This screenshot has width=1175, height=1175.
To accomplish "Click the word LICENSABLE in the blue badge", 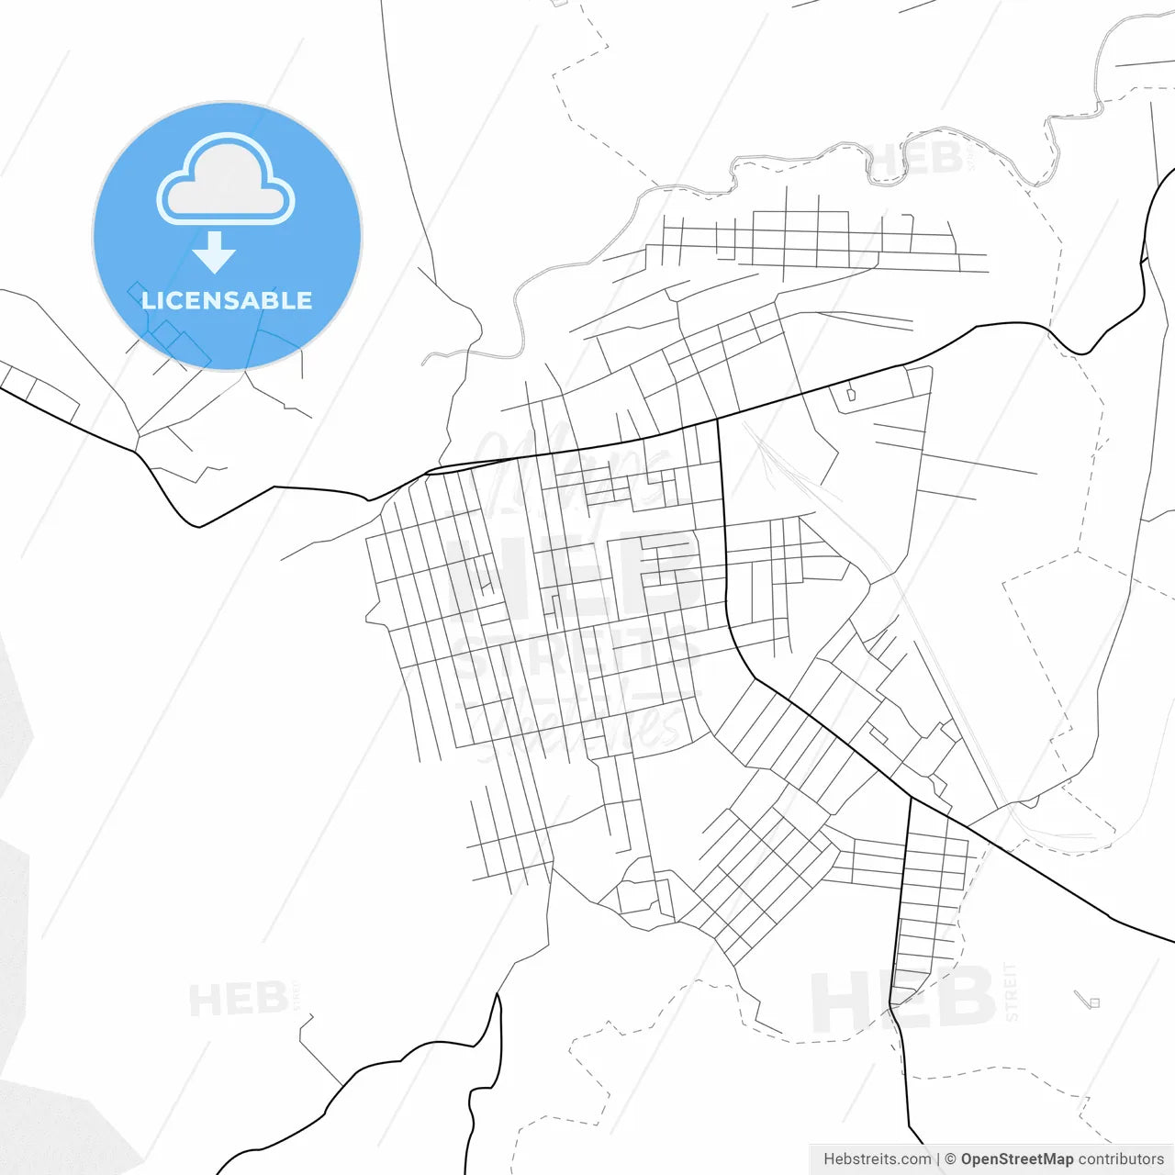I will click(x=226, y=300).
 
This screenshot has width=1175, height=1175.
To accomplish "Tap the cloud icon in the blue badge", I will click(x=226, y=181).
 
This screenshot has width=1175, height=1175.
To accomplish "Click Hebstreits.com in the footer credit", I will click(x=877, y=1159).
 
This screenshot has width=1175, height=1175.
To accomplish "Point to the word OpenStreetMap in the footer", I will click(x=1016, y=1159).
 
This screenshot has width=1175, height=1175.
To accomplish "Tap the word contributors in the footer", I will click(x=1121, y=1159).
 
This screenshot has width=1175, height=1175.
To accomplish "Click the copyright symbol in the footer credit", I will click(x=950, y=1159).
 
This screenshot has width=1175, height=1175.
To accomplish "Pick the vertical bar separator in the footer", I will click(x=937, y=1159).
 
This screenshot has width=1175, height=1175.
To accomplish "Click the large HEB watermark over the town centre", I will click(x=569, y=574).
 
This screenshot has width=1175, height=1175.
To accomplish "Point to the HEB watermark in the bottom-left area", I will click(x=238, y=1000).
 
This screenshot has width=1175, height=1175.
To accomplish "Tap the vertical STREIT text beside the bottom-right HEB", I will click(x=1012, y=991).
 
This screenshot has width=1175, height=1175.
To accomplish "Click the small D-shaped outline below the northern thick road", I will click(x=850, y=394).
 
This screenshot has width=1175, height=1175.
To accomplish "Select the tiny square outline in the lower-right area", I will click(x=1093, y=1002).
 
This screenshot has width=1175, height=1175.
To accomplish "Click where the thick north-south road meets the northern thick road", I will click(x=717, y=420).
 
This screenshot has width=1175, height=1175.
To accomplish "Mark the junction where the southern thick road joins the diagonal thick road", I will click(x=911, y=796).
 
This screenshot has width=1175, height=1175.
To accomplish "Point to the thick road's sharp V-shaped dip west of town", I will click(x=199, y=526).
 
